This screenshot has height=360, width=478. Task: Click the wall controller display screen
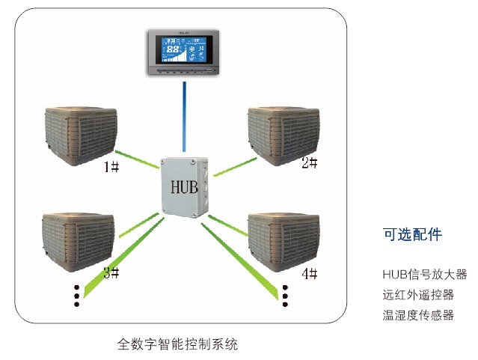(183, 53)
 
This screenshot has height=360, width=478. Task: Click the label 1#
(111, 165)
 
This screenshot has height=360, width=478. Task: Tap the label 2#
(310, 162)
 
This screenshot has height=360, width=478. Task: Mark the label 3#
(111, 272)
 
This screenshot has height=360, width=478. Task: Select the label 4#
(310, 272)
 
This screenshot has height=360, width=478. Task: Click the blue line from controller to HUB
(183, 116)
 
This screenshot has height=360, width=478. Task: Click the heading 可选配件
(412, 234)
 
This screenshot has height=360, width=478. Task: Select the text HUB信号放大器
(424, 274)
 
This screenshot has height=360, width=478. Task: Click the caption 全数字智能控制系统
(178, 344)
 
